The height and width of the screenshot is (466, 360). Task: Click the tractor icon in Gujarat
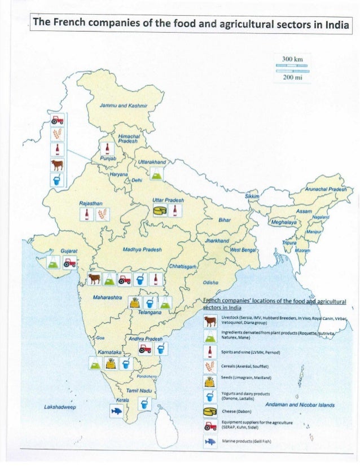(x=70, y=262)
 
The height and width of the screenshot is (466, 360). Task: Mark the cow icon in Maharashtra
(x=94, y=279)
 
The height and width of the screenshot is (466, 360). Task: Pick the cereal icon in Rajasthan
(x=103, y=214)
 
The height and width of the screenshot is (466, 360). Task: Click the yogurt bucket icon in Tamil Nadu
(x=145, y=404)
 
